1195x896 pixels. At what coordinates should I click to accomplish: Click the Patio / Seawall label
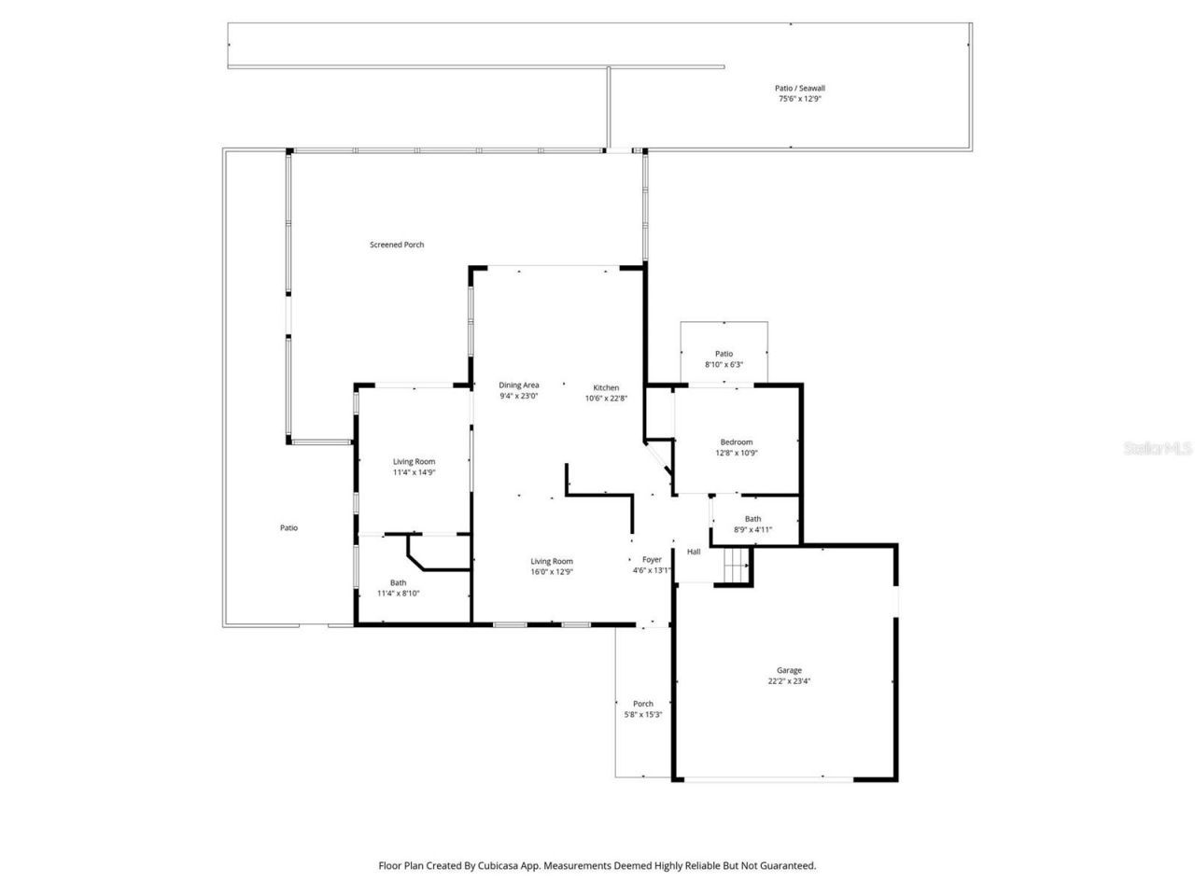pyautogui.click(x=800, y=88)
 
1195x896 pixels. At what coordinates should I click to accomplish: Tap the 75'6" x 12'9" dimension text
pyautogui.click(x=800, y=98)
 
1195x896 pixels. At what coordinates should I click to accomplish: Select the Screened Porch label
pyautogui.click(x=397, y=245)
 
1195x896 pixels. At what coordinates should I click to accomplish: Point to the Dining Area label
pyautogui.click(x=518, y=385)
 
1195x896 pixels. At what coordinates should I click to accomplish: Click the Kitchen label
pyautogui.click(x=606, y=387)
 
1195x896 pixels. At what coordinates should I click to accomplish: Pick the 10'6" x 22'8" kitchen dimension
pyautogui.click(x=606, y=398)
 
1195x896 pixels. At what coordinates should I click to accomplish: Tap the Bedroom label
pyautogui.click(x=736, y=442)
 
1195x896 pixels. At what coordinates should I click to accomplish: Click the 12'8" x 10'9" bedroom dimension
pyautogui.click(x=736, y=453)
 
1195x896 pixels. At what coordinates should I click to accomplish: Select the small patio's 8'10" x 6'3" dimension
pyautogui.click(x=724, y=364)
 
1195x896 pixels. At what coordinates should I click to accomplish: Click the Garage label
pyautogui.click(x=789, y=670)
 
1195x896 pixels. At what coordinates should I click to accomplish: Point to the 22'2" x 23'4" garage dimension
pyautogui.click(x=789, y=680)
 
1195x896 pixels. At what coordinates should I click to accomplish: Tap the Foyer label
pyautogui.click(x=651, y=560)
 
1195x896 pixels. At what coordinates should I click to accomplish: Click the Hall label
pyautogui.click(x=694, y=552)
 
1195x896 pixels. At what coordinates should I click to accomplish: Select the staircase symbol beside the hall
pyautogui.click(x=738, y=565)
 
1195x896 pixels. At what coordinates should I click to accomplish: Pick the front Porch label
pyautogui.click(x=642, y=704)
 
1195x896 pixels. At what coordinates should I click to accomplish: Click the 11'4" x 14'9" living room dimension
pyautogui.click(x=414, y=472)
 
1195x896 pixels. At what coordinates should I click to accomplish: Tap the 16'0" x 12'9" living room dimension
pyautogui.click(x=551, y=571)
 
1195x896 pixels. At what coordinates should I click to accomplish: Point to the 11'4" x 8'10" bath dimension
pyautogui.click(x=399, y=593)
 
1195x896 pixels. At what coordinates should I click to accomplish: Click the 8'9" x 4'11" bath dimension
pyautogui.click(x=752, y=529)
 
